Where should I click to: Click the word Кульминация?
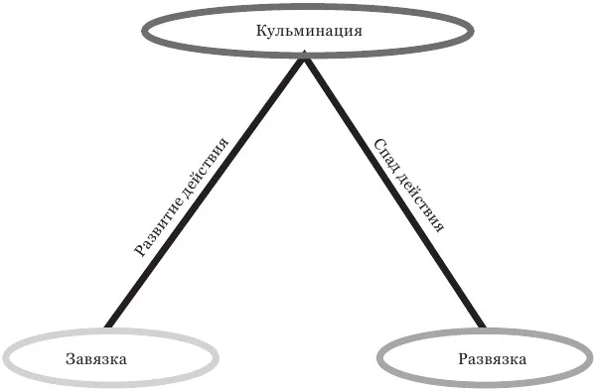[x=309, y=31]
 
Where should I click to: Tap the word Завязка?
[x=96, y=358]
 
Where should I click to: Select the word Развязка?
[x=492, y=358]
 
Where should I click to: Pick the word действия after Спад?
[x=420, y=203]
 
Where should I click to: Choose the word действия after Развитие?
[x=206, y=168]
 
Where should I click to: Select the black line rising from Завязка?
[x=206, y=192]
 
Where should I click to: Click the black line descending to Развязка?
[x=394, y=192]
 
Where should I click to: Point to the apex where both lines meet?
[x=305, y=57]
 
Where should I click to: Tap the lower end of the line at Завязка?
[x=108, y=326]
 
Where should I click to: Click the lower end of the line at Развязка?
[x=482, y=326]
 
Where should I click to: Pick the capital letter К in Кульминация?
[x=261, y=31]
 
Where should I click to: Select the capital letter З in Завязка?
[x=70, y=358]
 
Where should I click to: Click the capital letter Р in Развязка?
[x=463, y=358]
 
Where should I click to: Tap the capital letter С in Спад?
[x=379, y=144]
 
